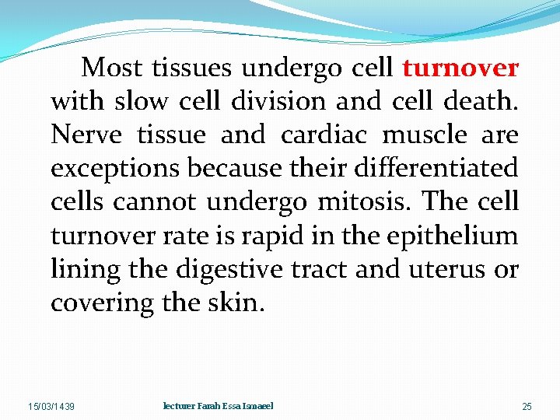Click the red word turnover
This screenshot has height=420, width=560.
460,68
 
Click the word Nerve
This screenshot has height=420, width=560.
86,135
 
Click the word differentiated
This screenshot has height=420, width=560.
436,169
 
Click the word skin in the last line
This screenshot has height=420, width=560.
239,303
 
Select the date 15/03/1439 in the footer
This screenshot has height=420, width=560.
51,407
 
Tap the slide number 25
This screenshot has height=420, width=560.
527,407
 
